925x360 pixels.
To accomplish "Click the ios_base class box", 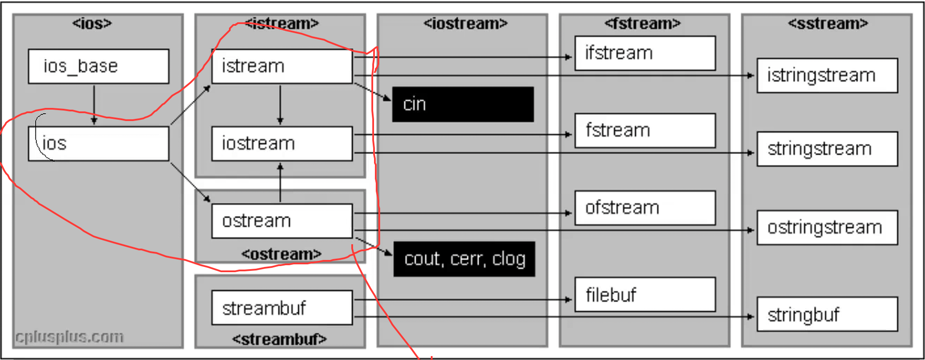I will tap(98, 66).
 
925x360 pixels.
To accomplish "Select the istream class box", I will tap(282, 66).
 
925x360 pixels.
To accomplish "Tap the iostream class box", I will tap(282, 143).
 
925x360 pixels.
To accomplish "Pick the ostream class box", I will tap(282, 221).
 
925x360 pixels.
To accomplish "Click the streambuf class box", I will tap(282, 308).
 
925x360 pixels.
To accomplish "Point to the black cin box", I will tap(463, 104).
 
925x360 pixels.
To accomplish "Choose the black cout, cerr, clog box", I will tap(464, 259).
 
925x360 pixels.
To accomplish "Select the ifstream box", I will tap(645, 53).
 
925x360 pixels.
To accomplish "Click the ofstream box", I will tap(645, 208).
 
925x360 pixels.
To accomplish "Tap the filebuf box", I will tap(645, 294).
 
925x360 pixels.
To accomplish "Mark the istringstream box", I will tap(827, 75).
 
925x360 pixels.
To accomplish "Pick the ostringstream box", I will tap(827, 227).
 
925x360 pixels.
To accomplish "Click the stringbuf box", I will tap(827, 314).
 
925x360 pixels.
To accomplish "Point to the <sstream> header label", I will tap(828, 23).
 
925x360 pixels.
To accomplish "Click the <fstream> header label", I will tap(642, 23).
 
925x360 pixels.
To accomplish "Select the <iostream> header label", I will tap(465, 23).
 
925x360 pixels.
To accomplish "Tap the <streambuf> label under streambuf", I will tap(279, 339).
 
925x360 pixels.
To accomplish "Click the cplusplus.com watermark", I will tap(69, 337).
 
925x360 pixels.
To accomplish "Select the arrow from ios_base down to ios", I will tap(94, 105).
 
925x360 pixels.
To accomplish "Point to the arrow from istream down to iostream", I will tap(280, 105).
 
